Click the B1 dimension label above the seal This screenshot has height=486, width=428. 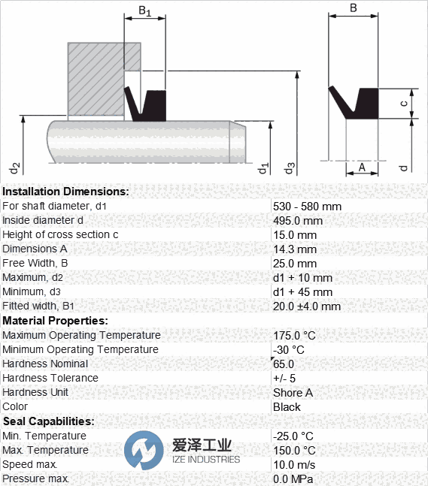click(x=144, y=11)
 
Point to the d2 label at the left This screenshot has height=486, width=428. click(x=14, y=168)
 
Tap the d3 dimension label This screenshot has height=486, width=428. click(x=289, y=168)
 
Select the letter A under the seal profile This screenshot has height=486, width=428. click(x=362, y=168)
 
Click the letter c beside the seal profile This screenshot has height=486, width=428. click(x=404, y=103)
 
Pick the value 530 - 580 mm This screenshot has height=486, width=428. click(x=307, y=207)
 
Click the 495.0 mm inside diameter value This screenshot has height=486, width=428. click(x=298, y=221)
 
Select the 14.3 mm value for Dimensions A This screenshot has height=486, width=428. click(x=295, y=249)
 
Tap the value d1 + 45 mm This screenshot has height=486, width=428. click(x=302, y=292)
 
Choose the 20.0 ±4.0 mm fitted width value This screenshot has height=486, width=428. click(x=307, y=306)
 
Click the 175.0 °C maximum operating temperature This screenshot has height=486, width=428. click(x=294, y=335)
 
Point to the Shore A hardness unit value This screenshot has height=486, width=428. click(x=293, y=392)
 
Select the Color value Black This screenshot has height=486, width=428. click(x=287, y=406)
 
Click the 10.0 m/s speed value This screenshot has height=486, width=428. click(x=294, y=465)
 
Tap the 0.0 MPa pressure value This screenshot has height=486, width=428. click(x=293, y=479)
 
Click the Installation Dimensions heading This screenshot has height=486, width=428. click(x=65, y=192)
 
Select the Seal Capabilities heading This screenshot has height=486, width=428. click(x=48, y=421)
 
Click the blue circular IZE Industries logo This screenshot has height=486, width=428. click(x=144, y=451)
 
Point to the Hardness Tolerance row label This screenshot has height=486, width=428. click(x=50, y=378)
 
